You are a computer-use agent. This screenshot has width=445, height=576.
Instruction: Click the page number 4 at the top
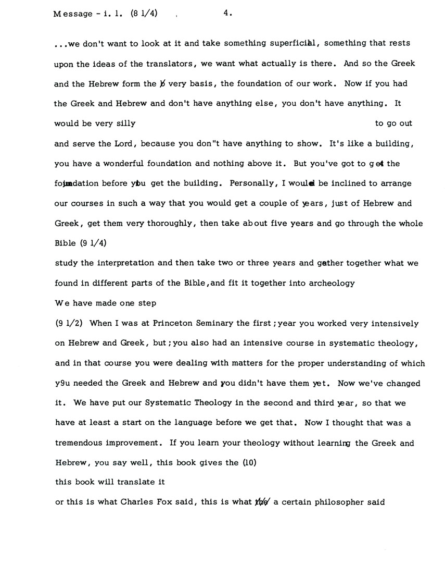226,14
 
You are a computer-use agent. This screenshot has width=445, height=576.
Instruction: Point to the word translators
169,63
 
